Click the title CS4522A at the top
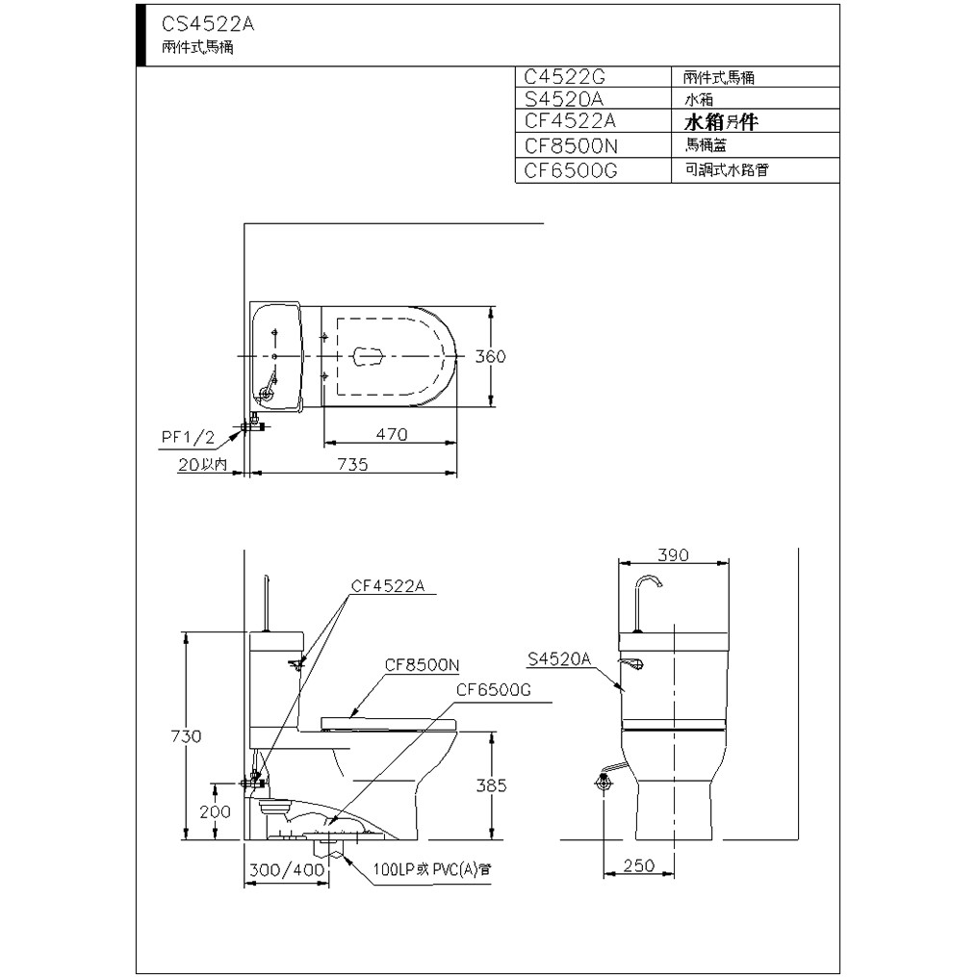click(x=208, y=24)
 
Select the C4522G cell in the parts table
click(x=564, y=77)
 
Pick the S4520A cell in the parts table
click(x=564, y=98)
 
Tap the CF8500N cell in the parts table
click(x=571, y=145)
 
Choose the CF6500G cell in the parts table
click(x=571, y=170)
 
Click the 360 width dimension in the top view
click(x=490, y=356)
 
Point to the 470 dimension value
click(x=392, y=434)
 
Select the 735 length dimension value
click(x=352, y=464)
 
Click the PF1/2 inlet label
click(x=188, y=437)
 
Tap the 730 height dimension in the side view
click(x=186, y=736)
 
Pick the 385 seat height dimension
click(x=492, y=785)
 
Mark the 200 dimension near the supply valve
click(x=215, y=811)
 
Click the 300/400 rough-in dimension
click(x=287, y=870)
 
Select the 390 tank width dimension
click(x=673, y=554)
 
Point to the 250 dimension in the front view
click(x=639, y=865)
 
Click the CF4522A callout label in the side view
click(x=388, y=585)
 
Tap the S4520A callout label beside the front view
click(x=559, y=658)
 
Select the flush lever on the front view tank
click(x=631, y=663)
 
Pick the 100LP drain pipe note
click(x=432, y=869)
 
